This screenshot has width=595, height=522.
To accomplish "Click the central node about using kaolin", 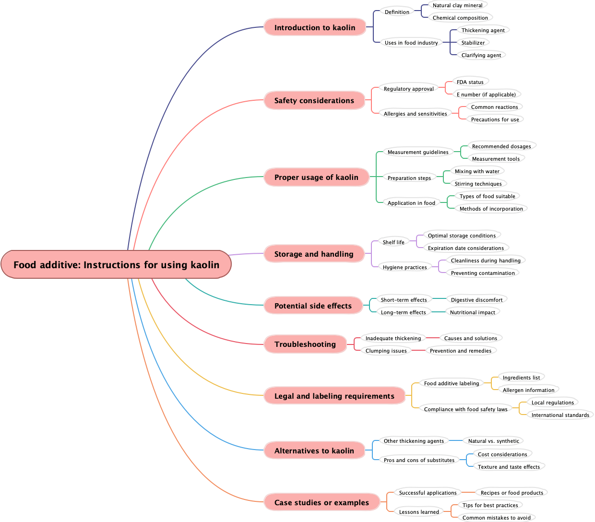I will point(116,264).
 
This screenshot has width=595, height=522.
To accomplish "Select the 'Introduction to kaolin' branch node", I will point(315,27).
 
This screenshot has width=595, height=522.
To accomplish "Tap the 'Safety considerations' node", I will point(314,100).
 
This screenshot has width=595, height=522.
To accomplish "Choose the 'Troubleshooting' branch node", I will point(305,344).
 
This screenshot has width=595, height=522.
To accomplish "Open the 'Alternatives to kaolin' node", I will point(314,451).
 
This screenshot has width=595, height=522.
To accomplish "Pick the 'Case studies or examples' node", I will point(321,502).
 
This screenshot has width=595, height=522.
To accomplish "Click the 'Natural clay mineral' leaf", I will point(458,5).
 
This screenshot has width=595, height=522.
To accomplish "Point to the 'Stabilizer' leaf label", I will point(473,43).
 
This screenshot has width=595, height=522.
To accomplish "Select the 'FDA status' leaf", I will point(470,82).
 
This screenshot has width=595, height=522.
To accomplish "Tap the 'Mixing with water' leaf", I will point(477,171).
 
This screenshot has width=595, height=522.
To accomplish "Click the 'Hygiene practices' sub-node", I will point(405,267).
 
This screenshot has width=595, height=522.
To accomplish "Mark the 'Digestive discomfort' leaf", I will point(476,300).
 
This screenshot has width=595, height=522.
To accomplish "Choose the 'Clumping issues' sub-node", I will point(386,351).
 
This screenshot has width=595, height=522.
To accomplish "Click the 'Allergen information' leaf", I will point(528,390).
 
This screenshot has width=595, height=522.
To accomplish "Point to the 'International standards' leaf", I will point(560,415).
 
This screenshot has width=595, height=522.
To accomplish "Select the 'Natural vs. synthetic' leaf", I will point(493,441).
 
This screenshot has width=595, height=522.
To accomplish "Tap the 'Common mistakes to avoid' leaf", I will point(497,518).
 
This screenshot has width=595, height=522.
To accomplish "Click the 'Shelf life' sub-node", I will point(393,242).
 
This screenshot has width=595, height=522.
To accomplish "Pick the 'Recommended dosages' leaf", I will point(501,146).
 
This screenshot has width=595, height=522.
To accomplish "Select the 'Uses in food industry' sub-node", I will point(411,43).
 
